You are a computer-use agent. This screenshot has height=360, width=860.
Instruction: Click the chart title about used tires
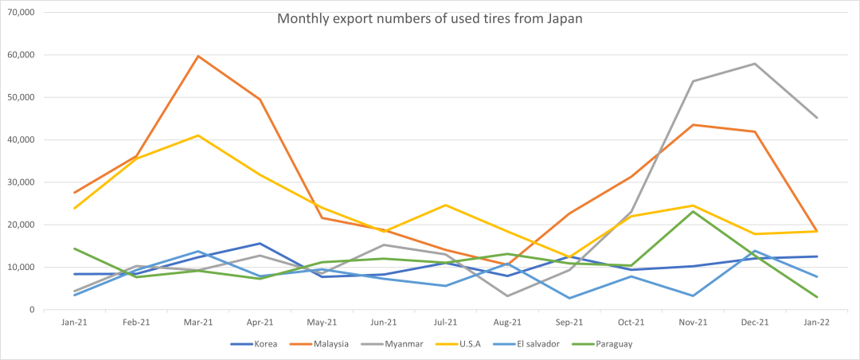pos(430,19)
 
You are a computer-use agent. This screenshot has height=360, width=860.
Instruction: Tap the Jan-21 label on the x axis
pos(74,323)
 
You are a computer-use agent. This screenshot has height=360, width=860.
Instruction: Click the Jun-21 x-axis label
pos(384,323)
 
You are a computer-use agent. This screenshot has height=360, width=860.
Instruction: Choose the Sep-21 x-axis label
pos(569,323)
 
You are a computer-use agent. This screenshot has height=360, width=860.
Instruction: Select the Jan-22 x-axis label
pos(817,323)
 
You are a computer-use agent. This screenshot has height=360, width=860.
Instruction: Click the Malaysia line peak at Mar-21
pos(197,57)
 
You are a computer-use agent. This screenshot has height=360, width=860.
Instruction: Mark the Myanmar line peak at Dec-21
pos(755,64)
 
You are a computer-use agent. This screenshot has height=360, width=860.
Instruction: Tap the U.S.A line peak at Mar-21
pos(197,135)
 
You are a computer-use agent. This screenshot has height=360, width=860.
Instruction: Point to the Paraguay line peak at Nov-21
pos(693,211)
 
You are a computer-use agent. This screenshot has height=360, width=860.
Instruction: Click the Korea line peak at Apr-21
pos(260,244)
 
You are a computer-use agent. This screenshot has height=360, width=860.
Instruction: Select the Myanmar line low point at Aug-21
pos(507,296)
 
